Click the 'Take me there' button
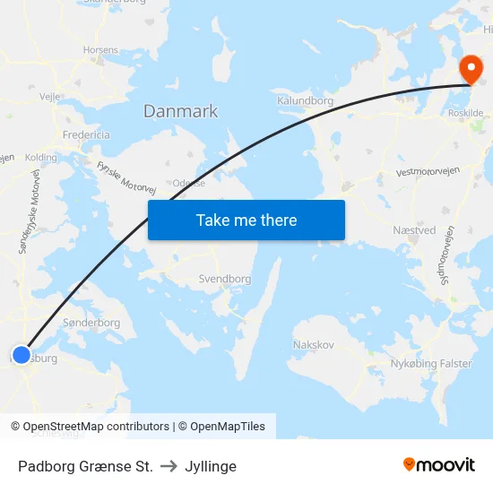246,221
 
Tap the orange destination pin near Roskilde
471,69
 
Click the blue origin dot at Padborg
22,355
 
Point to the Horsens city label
99,51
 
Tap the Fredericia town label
86,134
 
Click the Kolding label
41,158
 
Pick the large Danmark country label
180,112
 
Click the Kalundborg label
305,101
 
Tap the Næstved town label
414,230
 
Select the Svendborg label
224,279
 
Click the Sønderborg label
91,323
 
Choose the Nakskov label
313,345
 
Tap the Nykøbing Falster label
431,363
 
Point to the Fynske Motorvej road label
126,177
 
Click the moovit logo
439,465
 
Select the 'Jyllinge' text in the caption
211,466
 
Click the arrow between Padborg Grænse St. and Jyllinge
169,466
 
